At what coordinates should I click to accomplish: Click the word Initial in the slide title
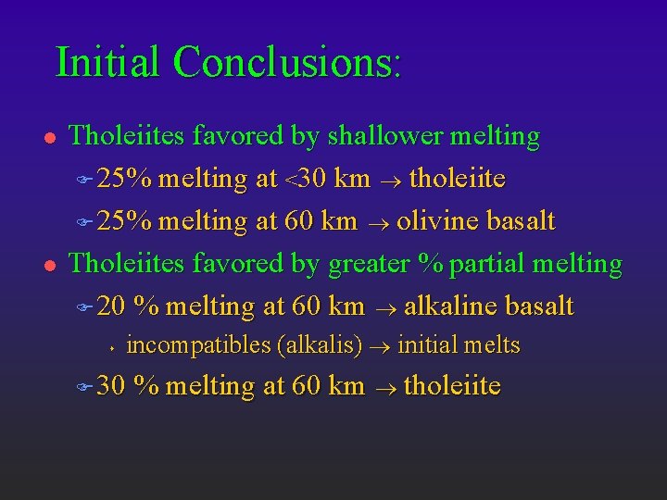pos(109,62)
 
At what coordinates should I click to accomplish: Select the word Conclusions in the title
pos(286,62)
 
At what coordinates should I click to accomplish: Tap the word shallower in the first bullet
pos(382,137)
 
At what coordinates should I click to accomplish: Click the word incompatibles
pos(199,346)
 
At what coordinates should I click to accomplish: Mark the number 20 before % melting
pos(111,306)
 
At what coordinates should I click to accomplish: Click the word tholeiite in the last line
pos(453,386)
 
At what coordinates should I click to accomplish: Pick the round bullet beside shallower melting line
pos(45,138)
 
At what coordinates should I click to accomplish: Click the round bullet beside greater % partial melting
pos(45,265)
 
